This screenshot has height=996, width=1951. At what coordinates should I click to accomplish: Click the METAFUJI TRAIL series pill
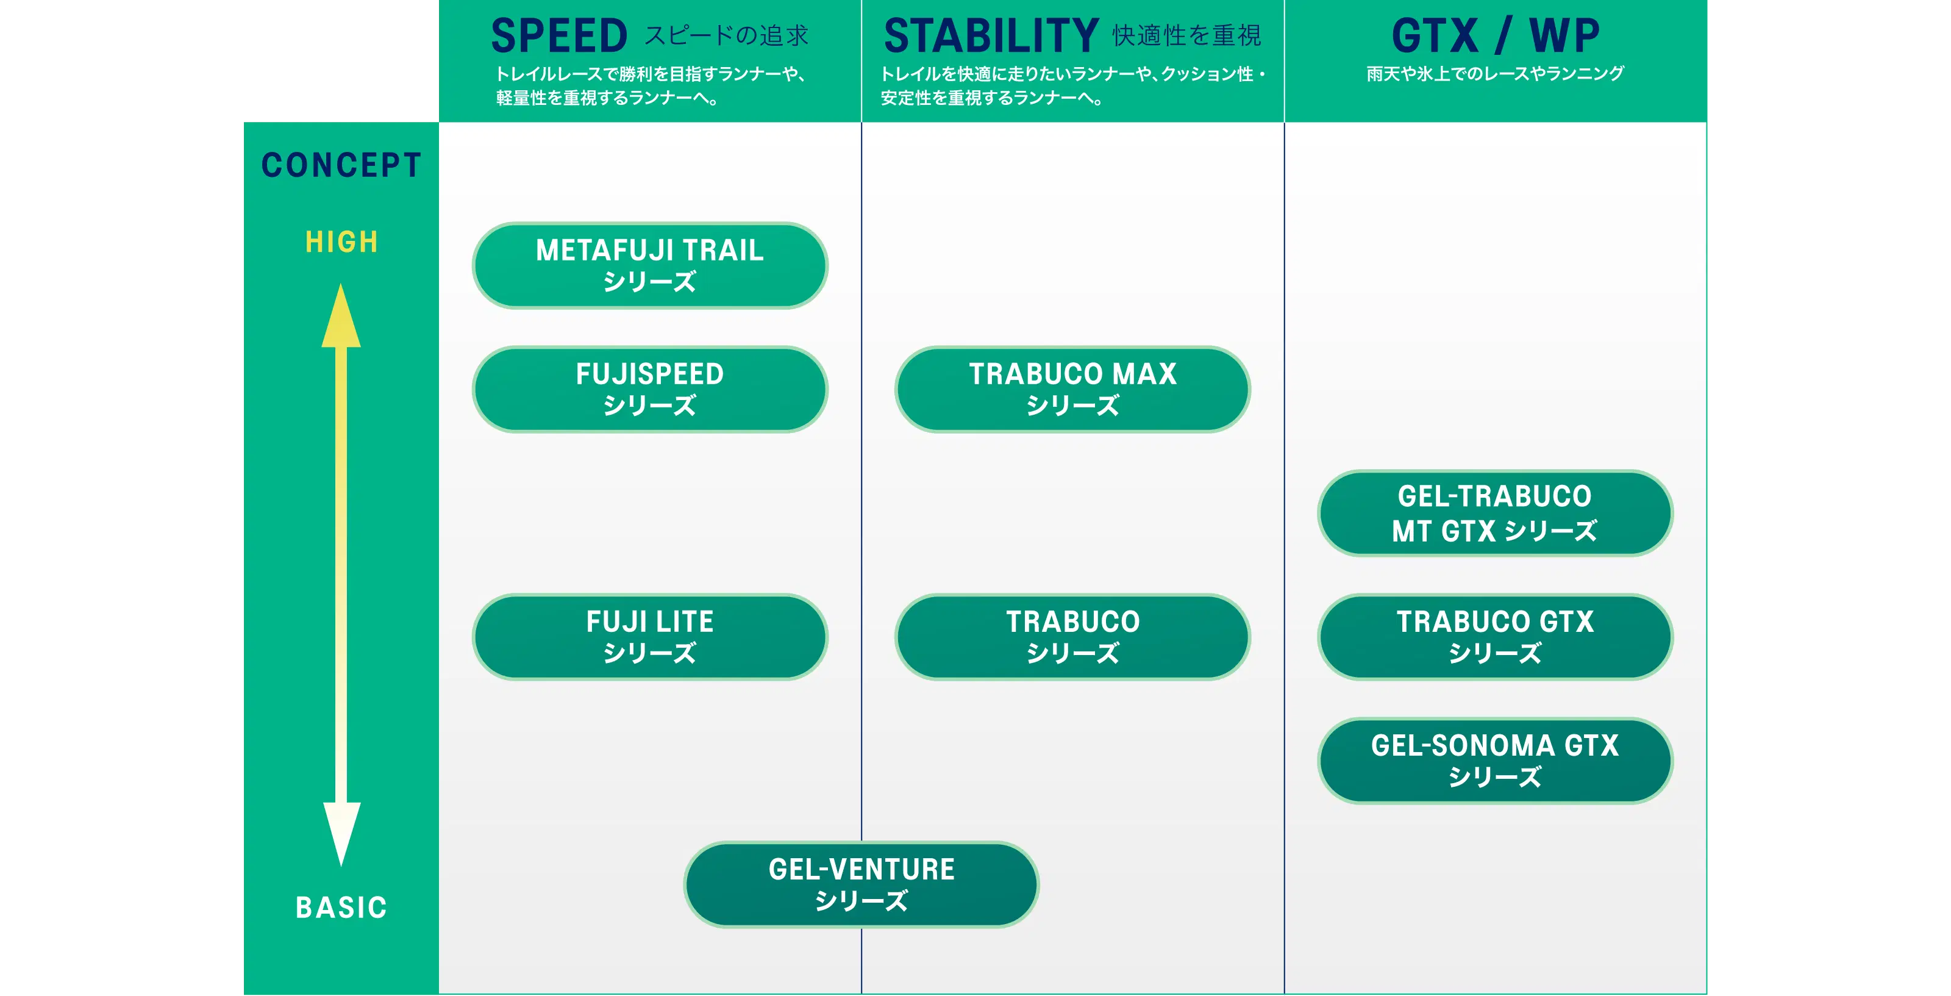pyautogui.click(x=650, y=265)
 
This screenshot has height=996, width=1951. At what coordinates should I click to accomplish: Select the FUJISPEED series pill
pyautogui.click(x=650, y=389)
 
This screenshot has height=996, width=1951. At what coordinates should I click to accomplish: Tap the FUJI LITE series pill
pyautogui.click(x=650, y=637)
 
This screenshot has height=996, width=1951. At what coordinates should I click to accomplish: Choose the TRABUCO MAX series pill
pyautogui.click(x=1072, y=389)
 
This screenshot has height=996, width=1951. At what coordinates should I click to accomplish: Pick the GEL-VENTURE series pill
pyautogui.click(x=861, y=884)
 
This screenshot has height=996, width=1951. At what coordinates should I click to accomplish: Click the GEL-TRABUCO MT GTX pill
pyautogui.click(x=1495, y=513)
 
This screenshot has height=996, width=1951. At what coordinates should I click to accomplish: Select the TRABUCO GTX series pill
pyautogui.click(x=1495, y=637)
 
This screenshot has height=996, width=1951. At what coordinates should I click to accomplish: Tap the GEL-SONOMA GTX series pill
pyautogui.click(x=1495, y=761)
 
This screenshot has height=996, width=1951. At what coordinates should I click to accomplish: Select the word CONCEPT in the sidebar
pyautogui.click(x=341, y=165)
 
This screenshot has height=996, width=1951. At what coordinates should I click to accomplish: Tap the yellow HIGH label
pyautogui.click(x=341, y=242)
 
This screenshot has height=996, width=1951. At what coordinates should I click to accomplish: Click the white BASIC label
pyautogui.click(x=341, y=908)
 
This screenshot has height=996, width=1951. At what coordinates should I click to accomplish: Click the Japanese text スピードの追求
pyautogui.click(x=726, y=35)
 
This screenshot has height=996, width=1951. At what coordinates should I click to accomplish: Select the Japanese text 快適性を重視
pyautogui.click(x=1187, y=35)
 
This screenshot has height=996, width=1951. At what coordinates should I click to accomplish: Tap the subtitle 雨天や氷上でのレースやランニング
pyautogui.click(x=1495, y=73)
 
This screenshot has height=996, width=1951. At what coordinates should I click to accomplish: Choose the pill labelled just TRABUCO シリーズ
pyautogui.click(x=1072, y=637)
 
